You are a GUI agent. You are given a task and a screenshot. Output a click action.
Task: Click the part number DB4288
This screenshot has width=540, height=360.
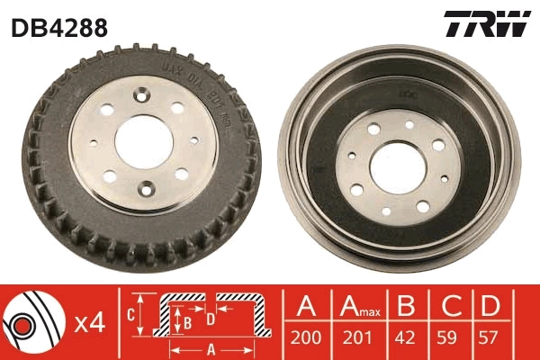(59, 28)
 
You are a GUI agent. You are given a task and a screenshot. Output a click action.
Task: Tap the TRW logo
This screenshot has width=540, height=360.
(486, 24)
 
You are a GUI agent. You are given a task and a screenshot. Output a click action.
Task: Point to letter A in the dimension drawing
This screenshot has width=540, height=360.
(211, 350)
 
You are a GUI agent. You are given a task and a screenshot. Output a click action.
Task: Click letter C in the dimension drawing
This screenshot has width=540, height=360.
(130, 315)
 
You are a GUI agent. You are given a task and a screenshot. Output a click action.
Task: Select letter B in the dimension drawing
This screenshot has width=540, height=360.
(186, 320)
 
